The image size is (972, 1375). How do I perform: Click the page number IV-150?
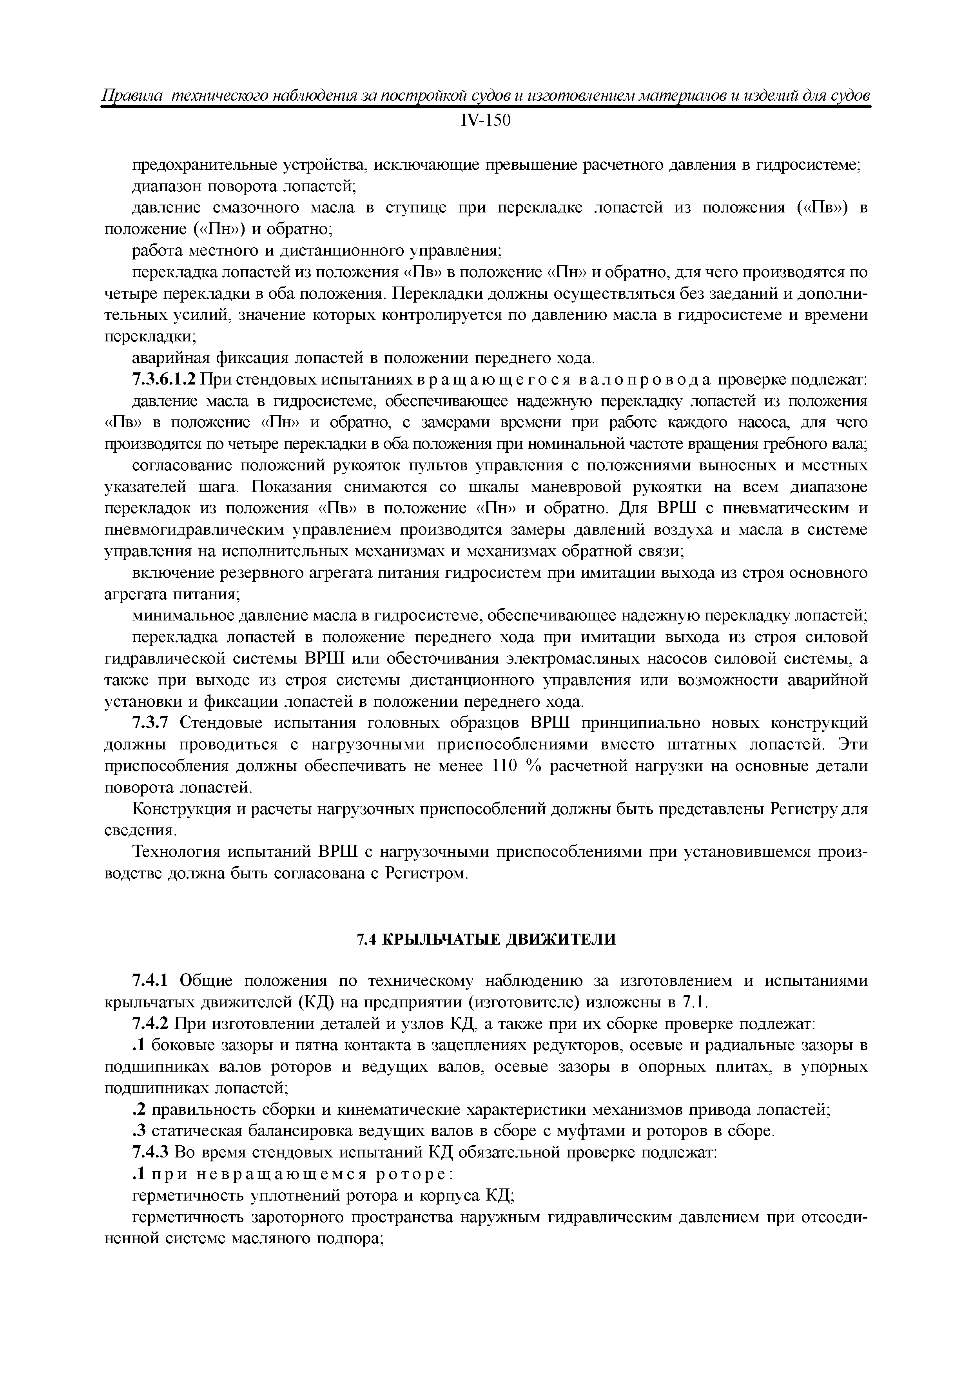[486, 120]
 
